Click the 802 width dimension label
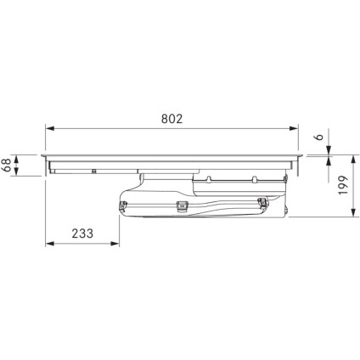click(x=172, y=119)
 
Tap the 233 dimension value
click(x=82, y=233)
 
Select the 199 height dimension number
click(x=343, y=185)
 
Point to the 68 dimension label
click(x=6, y=166)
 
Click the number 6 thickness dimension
click(x=319, y=137)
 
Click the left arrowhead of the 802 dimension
click(x=50, y=128)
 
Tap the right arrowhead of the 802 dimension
click(x=294, y=128)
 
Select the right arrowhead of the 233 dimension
click(x=115, y=244)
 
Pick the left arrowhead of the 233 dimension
click(x=50, y=244)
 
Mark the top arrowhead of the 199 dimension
click(x=353, y=160)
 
